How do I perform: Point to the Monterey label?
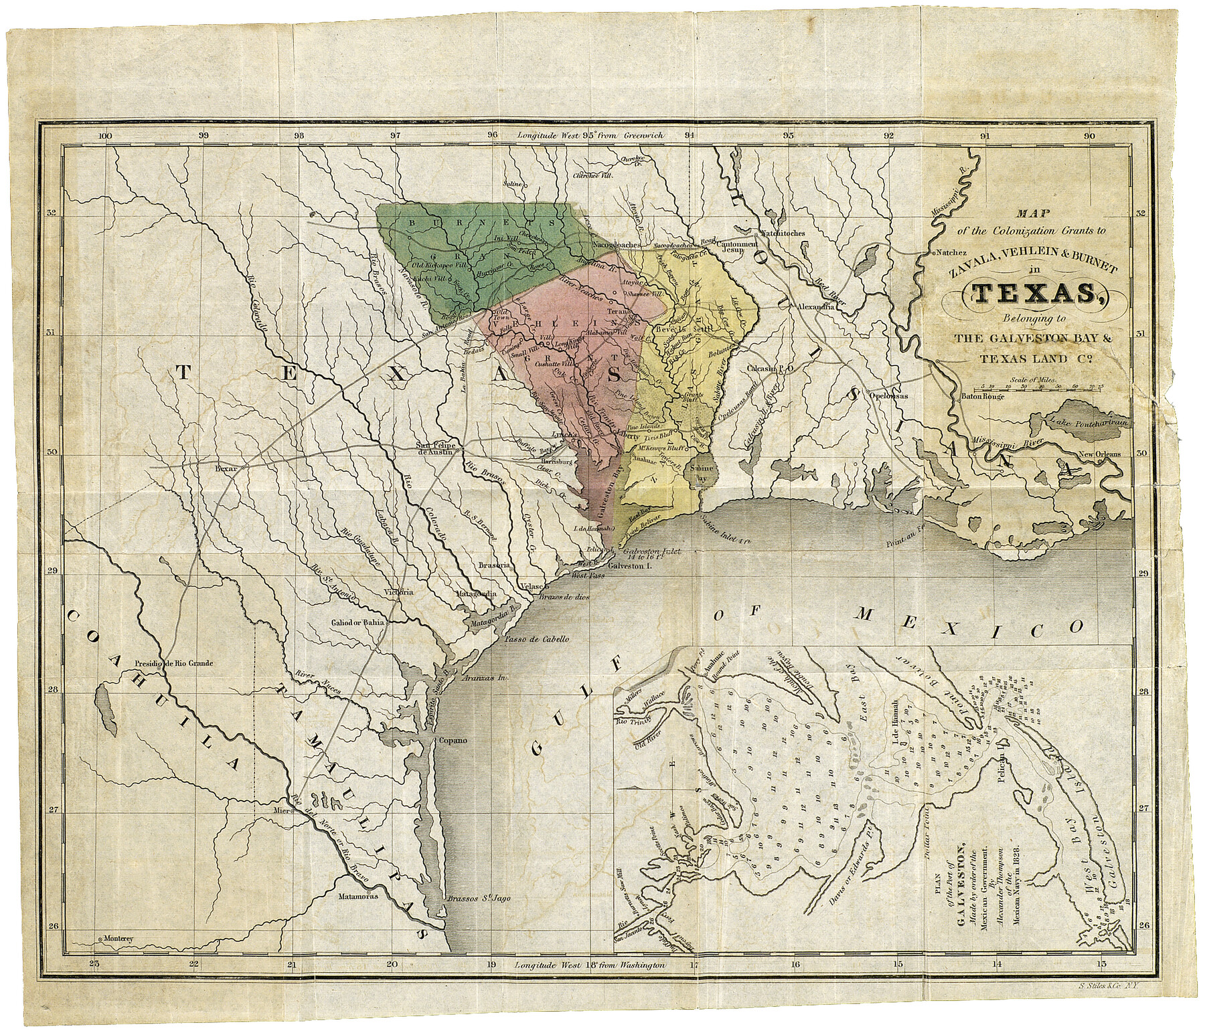click(120, 939)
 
